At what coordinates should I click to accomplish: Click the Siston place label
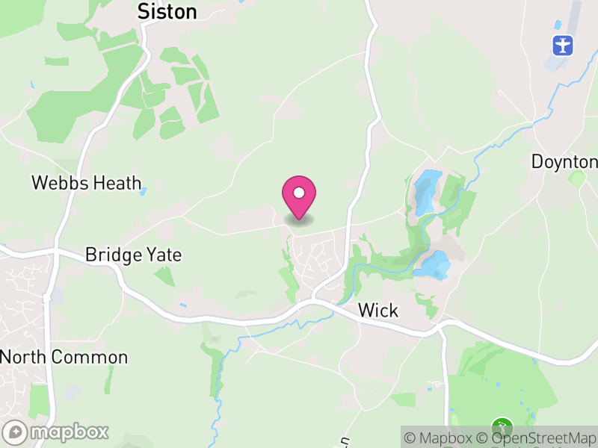[x=167, y=11]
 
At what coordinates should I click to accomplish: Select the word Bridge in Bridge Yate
[x=112, y=255]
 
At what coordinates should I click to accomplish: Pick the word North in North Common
[x=24, y=357]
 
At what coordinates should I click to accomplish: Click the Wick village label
[x=378, y=310]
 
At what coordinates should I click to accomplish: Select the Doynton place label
[x=564, y=161]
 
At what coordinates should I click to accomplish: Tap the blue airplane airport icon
[x=563, y=45]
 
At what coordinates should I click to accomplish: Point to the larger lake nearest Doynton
[x=428, y=190]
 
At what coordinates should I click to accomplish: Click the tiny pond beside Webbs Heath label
[x=144, y=191]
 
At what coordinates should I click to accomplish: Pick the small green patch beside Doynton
[x=576, y=178]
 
